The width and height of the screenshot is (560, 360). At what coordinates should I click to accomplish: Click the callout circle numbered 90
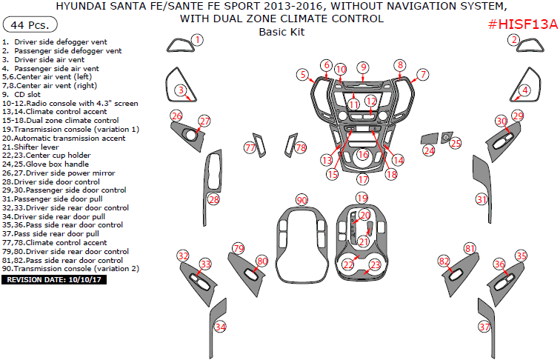301,201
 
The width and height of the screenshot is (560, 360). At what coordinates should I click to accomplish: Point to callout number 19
361,198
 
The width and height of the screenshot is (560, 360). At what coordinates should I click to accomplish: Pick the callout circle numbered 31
482,199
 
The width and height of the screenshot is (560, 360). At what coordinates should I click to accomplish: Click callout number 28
213,199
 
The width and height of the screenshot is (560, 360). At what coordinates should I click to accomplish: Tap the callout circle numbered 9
363,67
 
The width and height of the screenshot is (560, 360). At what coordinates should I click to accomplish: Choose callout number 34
220,327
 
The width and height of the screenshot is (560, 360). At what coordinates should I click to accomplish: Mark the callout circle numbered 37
484,327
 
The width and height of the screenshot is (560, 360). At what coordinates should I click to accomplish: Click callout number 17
362,179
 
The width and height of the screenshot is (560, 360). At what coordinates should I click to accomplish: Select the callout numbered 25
456,143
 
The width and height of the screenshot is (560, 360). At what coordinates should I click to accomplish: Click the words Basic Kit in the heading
281,32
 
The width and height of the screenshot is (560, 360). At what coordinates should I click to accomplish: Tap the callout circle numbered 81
469,248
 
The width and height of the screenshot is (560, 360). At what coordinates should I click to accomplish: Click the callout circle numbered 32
183,256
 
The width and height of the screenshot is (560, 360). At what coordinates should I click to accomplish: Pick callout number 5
303,74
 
